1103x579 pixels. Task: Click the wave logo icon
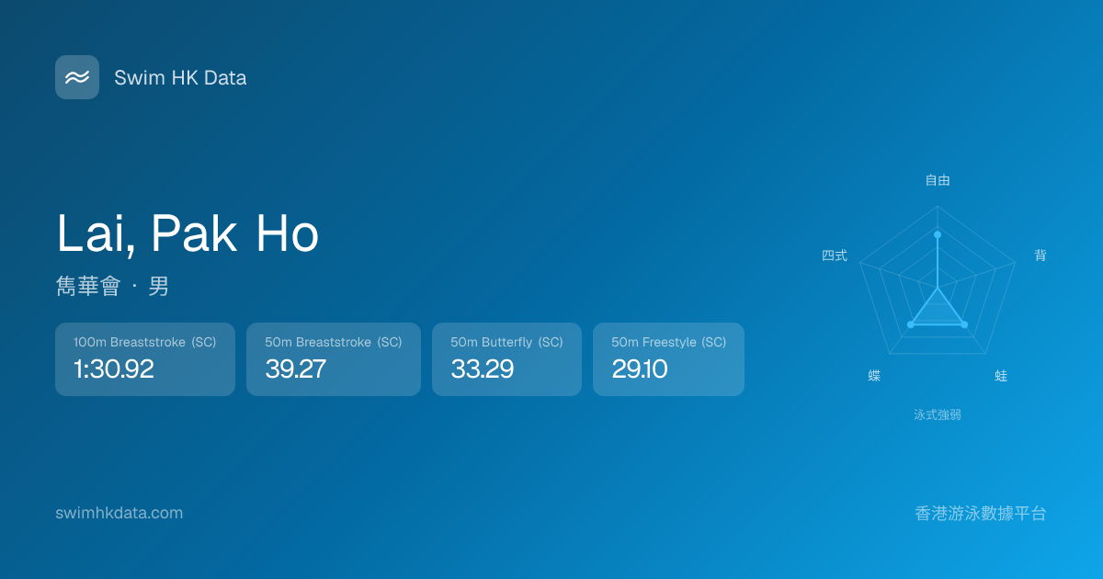(77, 77)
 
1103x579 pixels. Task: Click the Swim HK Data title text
(180, 78)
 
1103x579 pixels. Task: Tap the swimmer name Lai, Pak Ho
(188, 233)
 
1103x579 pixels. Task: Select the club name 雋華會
(88, 286)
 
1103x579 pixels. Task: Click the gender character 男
(158, 286)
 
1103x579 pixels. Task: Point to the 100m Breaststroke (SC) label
(145, 342)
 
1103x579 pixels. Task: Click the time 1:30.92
(114, 369)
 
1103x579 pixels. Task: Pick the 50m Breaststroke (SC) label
(334, 342)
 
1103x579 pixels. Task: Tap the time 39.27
(295, 369)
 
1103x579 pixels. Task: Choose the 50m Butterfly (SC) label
(506, 342)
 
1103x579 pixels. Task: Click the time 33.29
(482, 369)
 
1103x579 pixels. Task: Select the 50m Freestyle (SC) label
(669, 342)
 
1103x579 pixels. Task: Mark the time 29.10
(640, 369)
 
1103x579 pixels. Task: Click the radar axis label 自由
(938, 180)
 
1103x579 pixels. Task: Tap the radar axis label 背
(1040, 255)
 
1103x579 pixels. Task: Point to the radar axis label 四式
(835, 255)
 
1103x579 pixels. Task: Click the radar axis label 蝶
(874, 376)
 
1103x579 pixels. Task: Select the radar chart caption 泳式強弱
(938, 414)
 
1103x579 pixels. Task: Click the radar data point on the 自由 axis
(938, 234)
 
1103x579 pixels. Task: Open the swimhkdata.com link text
(119, 513)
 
